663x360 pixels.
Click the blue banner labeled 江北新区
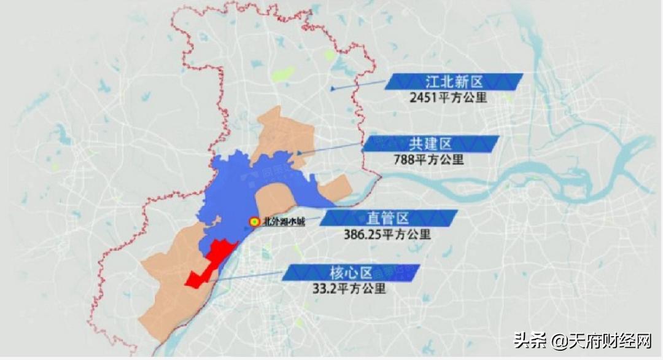454,82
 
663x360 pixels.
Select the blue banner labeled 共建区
430,144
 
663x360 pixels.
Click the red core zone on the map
209,264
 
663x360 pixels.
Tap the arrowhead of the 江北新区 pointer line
332,89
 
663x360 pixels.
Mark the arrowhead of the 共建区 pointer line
299,152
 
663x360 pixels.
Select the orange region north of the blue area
282,132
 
